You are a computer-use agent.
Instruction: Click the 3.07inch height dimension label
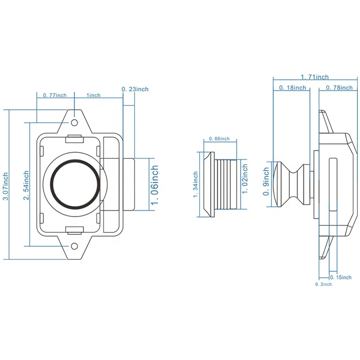point(5,184)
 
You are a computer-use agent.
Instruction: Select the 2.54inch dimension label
point(27,184)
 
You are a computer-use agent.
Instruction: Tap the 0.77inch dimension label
point(54,95)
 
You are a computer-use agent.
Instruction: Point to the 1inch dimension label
point(94,95)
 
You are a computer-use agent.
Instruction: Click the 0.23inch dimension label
point(135,89)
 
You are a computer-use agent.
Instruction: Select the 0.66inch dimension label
point(219,139)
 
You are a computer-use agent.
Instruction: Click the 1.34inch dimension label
point(196,184)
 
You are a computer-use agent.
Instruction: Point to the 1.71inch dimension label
point(315,77)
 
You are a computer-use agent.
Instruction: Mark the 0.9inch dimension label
point(266,182)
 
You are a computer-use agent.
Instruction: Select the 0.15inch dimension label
point(341,277)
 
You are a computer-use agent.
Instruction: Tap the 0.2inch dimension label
point(323,284)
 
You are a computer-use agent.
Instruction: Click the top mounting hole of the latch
point(74,121)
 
